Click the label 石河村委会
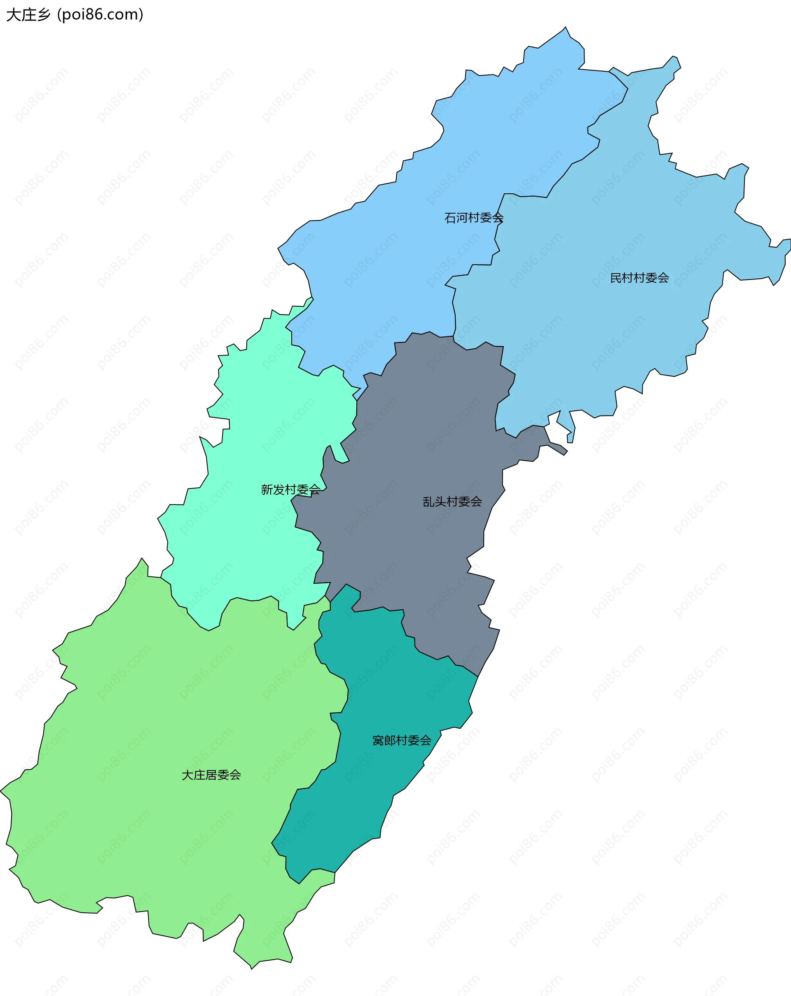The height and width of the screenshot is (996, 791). click(473, 218)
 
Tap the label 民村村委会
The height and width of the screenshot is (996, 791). click(639, 277)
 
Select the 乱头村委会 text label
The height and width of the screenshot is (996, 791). click(452, 502)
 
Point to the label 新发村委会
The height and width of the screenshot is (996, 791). click(290, 489)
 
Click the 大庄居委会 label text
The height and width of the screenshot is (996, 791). click(211, 775)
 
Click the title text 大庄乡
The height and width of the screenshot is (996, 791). click(28, 15)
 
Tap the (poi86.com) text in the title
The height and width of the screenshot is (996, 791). click(100, 15)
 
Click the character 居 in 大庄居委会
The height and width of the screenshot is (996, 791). click(211, 775)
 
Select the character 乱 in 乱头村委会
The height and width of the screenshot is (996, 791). click(428, 502)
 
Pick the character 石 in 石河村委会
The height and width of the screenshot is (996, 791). click(450, 218)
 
